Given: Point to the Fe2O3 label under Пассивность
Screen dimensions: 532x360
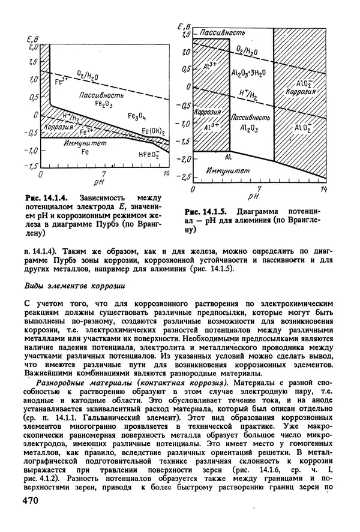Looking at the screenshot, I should click(97, 103).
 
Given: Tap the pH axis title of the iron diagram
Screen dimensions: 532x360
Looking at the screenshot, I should click(99, 180).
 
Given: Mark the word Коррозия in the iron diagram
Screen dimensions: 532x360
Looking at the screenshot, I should click(58, 127).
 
